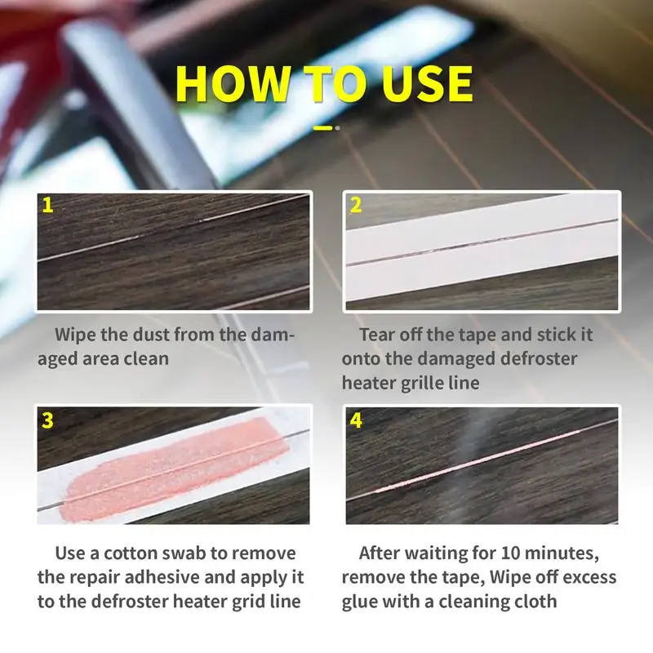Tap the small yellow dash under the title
pos(323,127)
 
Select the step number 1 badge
pos(48,205)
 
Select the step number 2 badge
pos(356,205)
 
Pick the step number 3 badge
pos(48,420)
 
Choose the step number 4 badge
pos(356,420)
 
